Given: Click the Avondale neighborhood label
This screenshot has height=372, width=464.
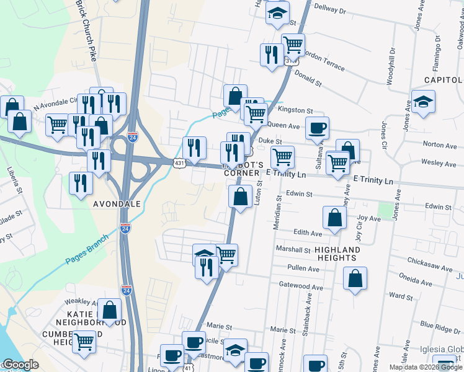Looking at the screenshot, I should pyautogui.click(x=117, y=203).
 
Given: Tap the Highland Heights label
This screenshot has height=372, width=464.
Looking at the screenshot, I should pyautogui.click(x=337, y=254).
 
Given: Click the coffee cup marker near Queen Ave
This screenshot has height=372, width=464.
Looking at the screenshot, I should pyautogui.click(x=317, y=128).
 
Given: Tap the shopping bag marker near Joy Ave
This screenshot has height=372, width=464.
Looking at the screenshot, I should pyautogui.click(x=335, y=218).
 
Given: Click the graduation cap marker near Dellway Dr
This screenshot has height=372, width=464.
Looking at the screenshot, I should pyautogui.click(x=277, y=12).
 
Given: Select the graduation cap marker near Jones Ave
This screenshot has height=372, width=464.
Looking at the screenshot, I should pyautogui.click(x=423, y=102).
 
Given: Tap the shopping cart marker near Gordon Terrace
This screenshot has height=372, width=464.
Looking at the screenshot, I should pyautogui.click(x=293, y=45).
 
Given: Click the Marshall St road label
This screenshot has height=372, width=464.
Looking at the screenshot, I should pyautogui.click(x=295, y=250).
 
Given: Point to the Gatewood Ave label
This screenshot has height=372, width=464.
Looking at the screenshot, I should pyautogui.click(x=301, y=288).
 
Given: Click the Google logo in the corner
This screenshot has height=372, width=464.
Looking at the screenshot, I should pyautogui.click(x=20, y=365).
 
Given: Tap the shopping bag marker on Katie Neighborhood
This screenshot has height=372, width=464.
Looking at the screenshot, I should pyautogui.click(x=110, y=311).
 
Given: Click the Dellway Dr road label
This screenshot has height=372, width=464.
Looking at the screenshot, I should pyautogui.click(x=329, y=10).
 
